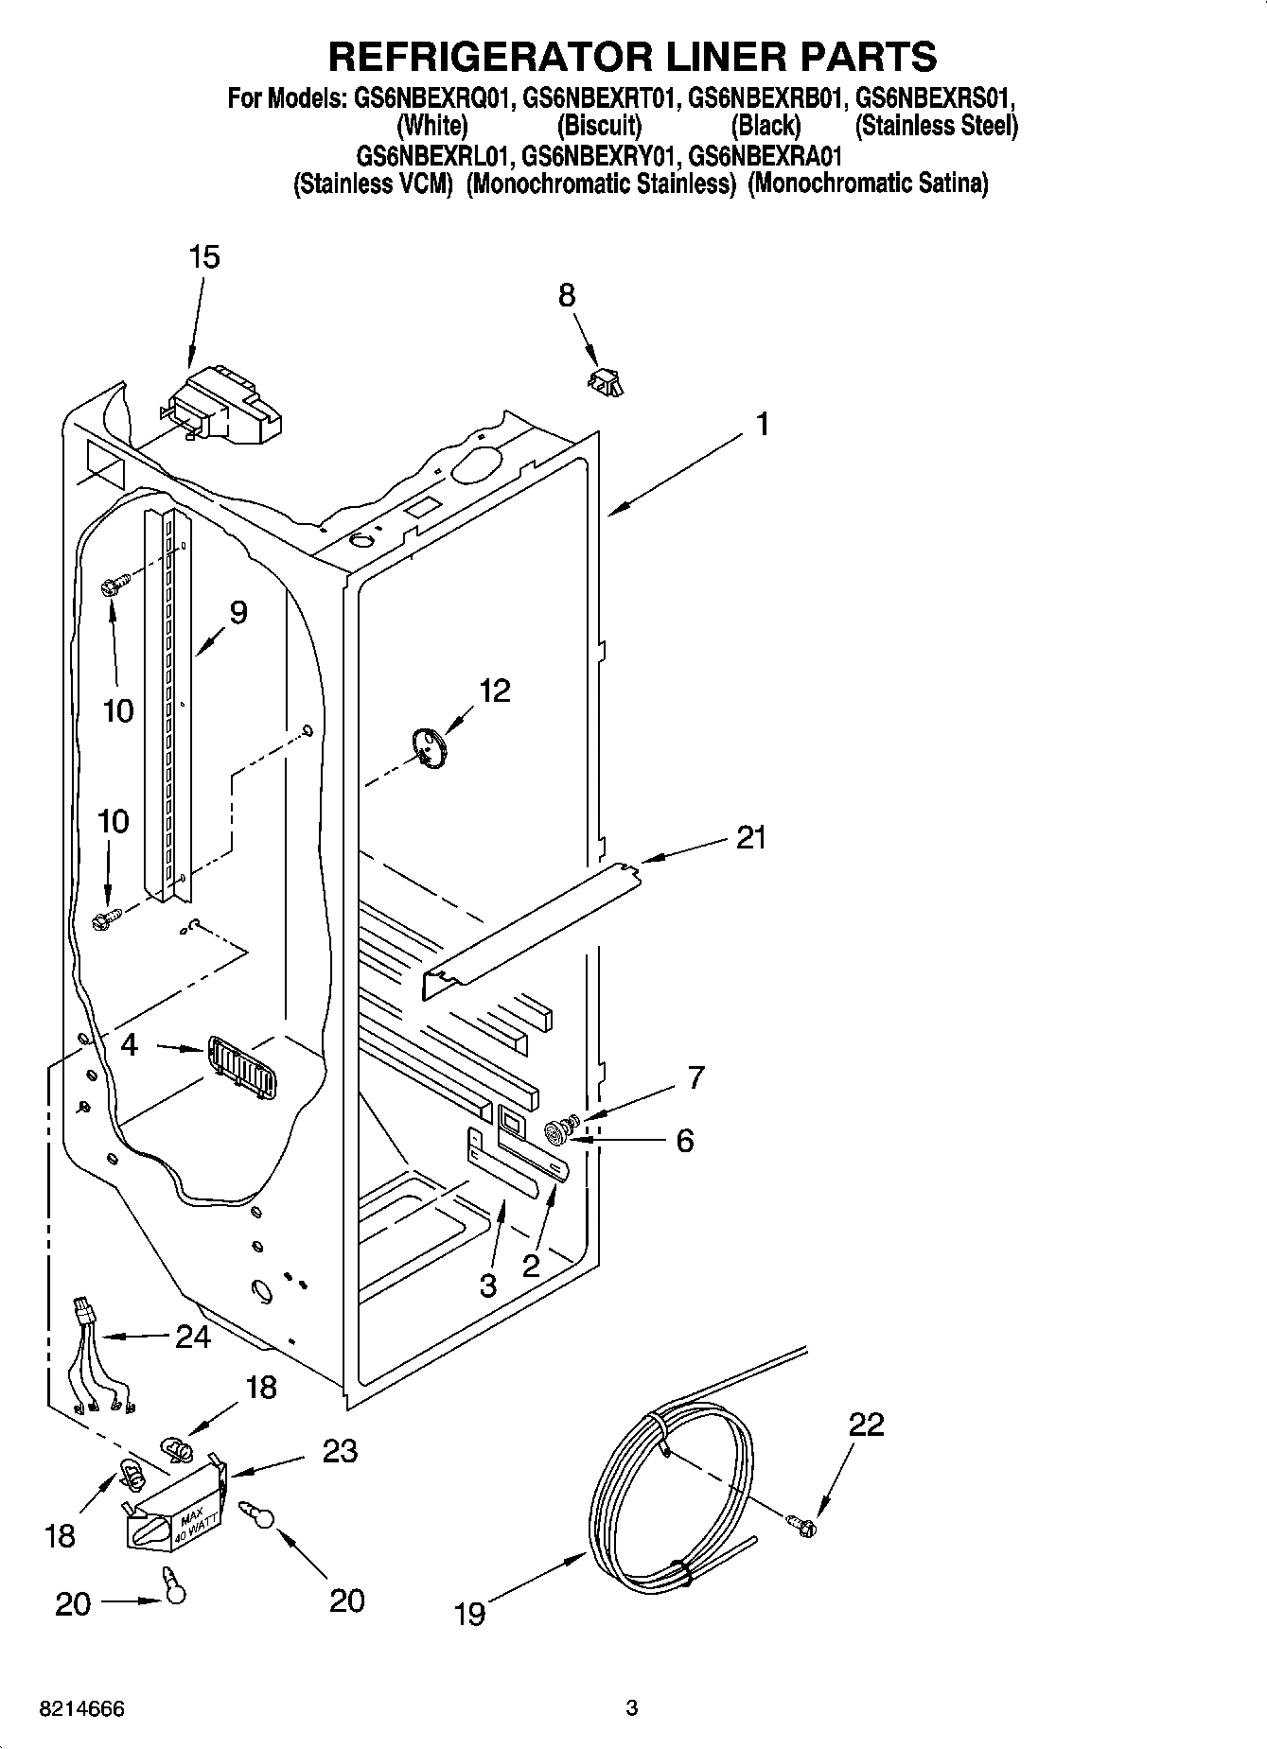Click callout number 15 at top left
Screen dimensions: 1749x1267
tap(203, 256)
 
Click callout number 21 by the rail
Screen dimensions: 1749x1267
tap(751, 837)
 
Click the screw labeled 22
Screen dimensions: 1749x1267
tap(802, 1524)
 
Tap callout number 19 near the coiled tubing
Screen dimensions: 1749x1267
tap(469, 1613)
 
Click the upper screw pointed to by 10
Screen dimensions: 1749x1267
tap(110, 586)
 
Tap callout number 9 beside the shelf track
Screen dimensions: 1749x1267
tap(238, 613)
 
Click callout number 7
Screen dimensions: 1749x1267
tap(695, 1076)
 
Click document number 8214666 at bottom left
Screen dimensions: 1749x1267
tap(81, 1709)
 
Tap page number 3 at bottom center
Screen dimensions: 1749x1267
tap(632, 1708)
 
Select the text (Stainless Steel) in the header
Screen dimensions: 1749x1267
tap(936, 125)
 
